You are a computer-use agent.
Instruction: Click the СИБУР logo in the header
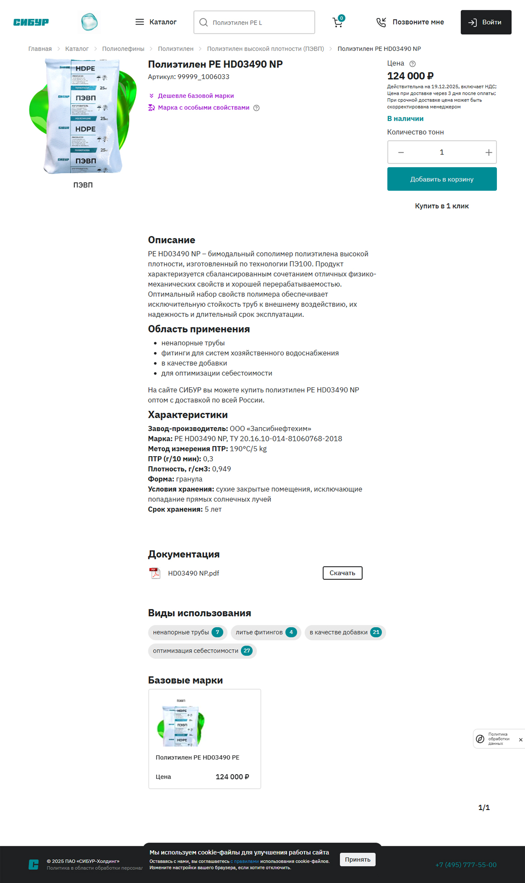(x=31, y=22)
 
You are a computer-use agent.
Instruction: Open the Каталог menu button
(x=156, y=22)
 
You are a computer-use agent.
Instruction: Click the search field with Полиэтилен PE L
(x=254, y=22)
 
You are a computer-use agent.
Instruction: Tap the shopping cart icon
(x=338, y=22)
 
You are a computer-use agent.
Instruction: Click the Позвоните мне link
(x=410, y=22)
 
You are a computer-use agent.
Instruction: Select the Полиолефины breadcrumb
(x=123, y=49)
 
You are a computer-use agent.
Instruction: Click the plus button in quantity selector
(x=488, y=153)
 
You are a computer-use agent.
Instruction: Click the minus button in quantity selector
(x=401, y=153)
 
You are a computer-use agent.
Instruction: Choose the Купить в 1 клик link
(x=442, y=206)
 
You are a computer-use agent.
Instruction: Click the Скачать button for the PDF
(x=342, y=573)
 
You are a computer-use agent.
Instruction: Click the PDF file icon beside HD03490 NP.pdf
(x=155, y=574)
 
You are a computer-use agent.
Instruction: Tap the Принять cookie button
(x=358, y=859)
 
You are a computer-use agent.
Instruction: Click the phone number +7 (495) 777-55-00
(x=466, y=865)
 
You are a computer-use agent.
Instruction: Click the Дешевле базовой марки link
(x=196, y=96)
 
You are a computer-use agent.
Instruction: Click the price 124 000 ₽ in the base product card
(x=232, y=777)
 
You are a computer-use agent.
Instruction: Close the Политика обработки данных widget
(x=520, y=740)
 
